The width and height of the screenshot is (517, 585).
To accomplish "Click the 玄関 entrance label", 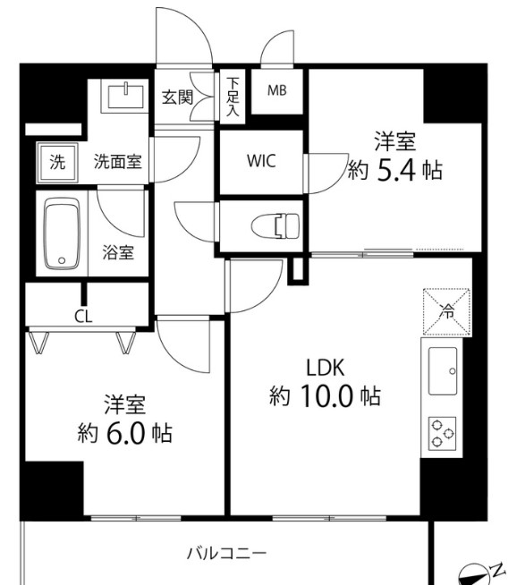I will [177, 97].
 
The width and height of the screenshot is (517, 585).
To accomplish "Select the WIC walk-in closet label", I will [261, 162].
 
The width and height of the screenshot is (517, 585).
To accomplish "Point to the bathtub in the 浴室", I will [63, 234].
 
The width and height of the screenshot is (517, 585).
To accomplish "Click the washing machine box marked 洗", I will [57, 163].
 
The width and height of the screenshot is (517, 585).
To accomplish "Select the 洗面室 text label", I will [121, 163].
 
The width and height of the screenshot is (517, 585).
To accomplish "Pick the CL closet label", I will [82, 317].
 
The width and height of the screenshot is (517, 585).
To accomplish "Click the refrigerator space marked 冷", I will [446, 311].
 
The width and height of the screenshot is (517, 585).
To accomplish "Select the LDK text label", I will [326, 367].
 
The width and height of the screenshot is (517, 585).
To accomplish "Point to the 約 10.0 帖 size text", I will [326, 396].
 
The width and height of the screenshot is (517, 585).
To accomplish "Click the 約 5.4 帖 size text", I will [394, 169].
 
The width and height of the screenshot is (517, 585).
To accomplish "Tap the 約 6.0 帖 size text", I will [124, 433].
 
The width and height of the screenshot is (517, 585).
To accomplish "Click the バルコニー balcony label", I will [226, 552].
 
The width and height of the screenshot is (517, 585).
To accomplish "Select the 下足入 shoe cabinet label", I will [233, 97].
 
